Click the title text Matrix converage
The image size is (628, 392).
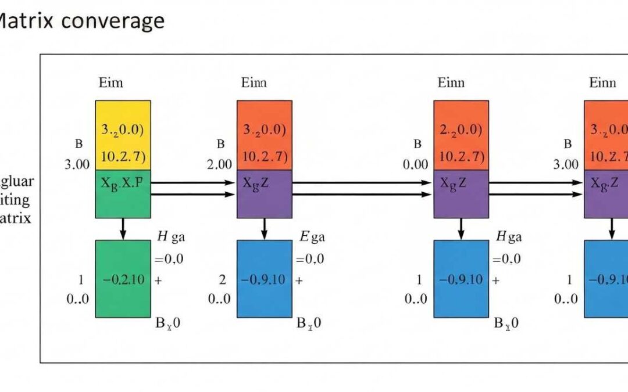click(x=81, y=21)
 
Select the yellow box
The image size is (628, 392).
click(x=123, y=135)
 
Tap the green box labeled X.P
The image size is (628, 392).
click(x=123, y=194)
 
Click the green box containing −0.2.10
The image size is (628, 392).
click(x=123, y=279)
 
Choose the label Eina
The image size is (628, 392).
click(x=254, y=82)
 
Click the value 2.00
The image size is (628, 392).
click(x=220, y=164)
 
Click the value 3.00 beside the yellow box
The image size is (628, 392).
click(x=77, y=164)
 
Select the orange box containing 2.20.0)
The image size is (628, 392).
click(x=461, y=135)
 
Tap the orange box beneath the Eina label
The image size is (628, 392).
click(x=264, y=135)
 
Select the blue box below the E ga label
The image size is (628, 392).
click(x=264, y=279)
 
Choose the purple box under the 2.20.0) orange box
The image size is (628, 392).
click(x=461, y=194)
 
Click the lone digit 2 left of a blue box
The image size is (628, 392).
click(x=222, y=279)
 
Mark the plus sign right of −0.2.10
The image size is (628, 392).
click(x=159, y=279)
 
